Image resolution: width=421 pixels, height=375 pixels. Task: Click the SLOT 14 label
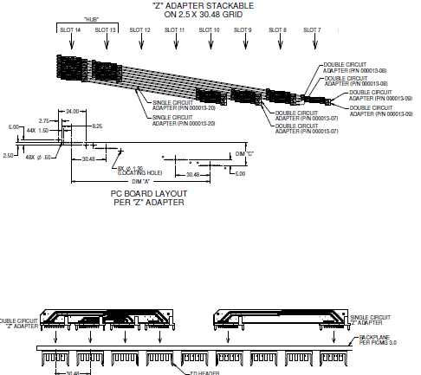(x=72, y=29)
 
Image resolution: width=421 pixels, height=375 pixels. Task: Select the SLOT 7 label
(x=313, y=29)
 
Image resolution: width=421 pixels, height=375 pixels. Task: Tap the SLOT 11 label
(x=175, y=29)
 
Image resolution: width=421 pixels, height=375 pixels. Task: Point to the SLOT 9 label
(x=243, y=29)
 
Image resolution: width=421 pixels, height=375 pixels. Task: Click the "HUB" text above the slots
(x=89, y=18)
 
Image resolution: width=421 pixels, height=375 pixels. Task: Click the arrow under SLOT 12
(x=140, y=41)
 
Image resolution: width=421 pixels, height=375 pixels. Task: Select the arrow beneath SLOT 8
(x=278, y=41)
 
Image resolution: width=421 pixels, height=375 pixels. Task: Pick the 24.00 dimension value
(x=72, y=111)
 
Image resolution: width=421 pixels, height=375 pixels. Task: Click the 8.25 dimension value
(x=97, y=126)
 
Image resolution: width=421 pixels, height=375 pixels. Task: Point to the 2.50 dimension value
(x=8, y=156)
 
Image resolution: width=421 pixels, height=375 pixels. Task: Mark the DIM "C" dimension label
(x=244, y=153)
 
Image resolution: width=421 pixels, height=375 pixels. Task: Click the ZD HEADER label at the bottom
(x=205, y=372)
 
